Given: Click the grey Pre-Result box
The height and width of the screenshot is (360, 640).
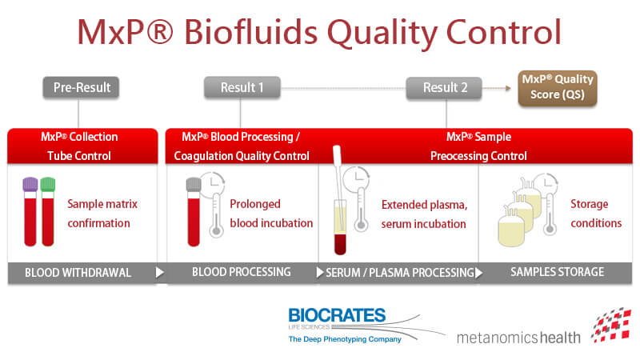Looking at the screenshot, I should [82, 87].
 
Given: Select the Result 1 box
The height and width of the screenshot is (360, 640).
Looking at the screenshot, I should [242, 87].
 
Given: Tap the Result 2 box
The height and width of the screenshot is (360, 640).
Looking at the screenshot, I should [444, 87].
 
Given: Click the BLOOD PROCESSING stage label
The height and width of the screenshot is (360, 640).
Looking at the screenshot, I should [241, 272].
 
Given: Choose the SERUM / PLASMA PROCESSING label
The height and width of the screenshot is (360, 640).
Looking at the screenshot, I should [399, 273].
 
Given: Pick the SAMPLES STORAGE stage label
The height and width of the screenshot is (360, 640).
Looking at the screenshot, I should [558, 272].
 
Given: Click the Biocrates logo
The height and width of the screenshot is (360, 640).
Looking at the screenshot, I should [337, 323].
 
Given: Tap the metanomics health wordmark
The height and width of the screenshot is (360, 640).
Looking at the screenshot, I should [518, 337].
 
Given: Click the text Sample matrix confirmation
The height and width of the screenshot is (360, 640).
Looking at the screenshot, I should [102, 214].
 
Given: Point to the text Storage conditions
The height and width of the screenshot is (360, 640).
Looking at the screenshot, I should [596, 214].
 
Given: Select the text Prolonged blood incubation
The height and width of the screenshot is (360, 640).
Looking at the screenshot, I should [270, 214].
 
